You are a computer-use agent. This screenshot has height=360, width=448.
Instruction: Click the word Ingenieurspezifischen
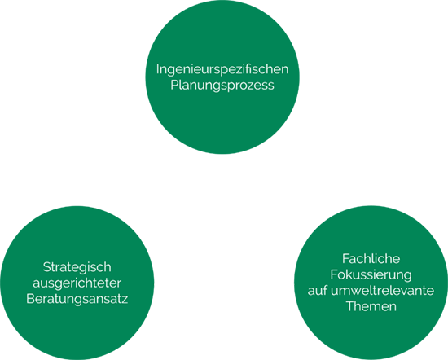tap(222, 70)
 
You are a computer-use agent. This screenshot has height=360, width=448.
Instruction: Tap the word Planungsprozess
tap(222, 86)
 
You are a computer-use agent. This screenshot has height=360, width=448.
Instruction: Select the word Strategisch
tap(77, 268)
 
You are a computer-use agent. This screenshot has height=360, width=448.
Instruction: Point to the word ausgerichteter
tap(77, 283)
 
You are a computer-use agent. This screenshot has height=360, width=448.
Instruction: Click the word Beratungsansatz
tap(77, 299)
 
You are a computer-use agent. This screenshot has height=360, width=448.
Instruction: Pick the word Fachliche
tap(371, 259)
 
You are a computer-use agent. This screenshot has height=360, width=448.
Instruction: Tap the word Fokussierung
tap(371, 275)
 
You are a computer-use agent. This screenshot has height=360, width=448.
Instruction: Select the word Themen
tap(371, 306)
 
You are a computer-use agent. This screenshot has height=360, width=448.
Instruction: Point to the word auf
tap(318, 291)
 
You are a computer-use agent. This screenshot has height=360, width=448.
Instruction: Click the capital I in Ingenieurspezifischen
tap(157, 69)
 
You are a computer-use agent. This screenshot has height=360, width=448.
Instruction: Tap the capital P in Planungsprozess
tap(174, 86)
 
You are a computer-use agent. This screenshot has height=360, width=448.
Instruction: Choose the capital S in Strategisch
tap(46, 267)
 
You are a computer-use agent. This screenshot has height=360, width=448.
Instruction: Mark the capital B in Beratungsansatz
tap(30, 299)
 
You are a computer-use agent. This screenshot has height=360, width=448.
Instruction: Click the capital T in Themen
tap(350, 306)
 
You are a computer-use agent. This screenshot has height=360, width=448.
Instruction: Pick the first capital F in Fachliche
tap(345, 259)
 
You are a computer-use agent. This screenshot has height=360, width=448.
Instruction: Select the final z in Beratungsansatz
tap(125, 301)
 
